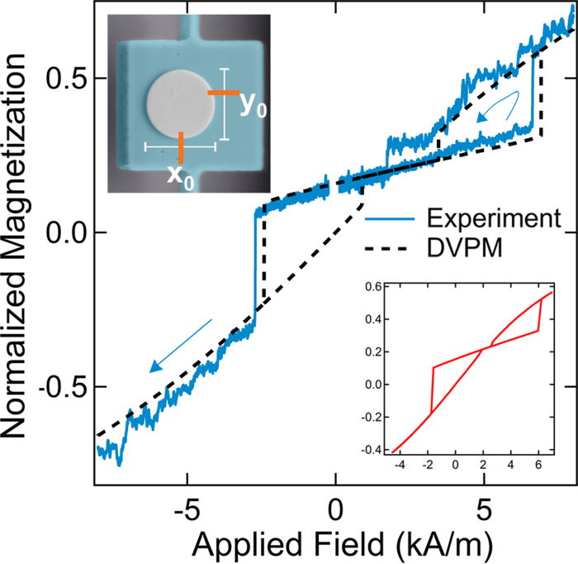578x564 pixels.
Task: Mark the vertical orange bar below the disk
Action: point(180,146)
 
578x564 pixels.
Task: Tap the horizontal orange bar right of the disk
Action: point(223,93)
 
